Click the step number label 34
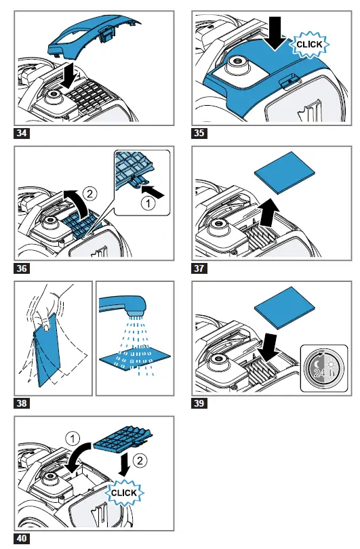pyautogui.click(x=22, y=133)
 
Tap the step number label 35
pyautogui.click(x=199, y=133)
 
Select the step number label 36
pyautogui.click(x=22, y=268)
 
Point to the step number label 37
pyautogui.click(x=199, y=268)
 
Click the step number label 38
pyautogui.click(x=22, y=403)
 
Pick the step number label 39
pyautogui.click(x=199, y=403)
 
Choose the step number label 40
pyautogui.click(x=22, y=538)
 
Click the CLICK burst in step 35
pyautogui.click(x=309, y=45)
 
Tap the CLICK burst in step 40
pyautogui.click(x=124, y=493)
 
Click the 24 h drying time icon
pyautogui.click(x=324, y=368)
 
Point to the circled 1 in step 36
pyautogui.click(x=148, y=203)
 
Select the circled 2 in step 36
pyautogui.click(x=90, y=193)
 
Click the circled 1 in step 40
pyautogui.click(x=73, y=439)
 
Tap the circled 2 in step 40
pyautogui.click(x=140, y=460)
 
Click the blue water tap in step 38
pyautogui.click(x=123, y=304)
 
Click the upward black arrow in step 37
pyautogui.click(x=269, y=212)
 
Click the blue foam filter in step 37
pyautogui.click(x=284, y=172)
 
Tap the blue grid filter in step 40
pyautogui.click(x=124, y=440)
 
